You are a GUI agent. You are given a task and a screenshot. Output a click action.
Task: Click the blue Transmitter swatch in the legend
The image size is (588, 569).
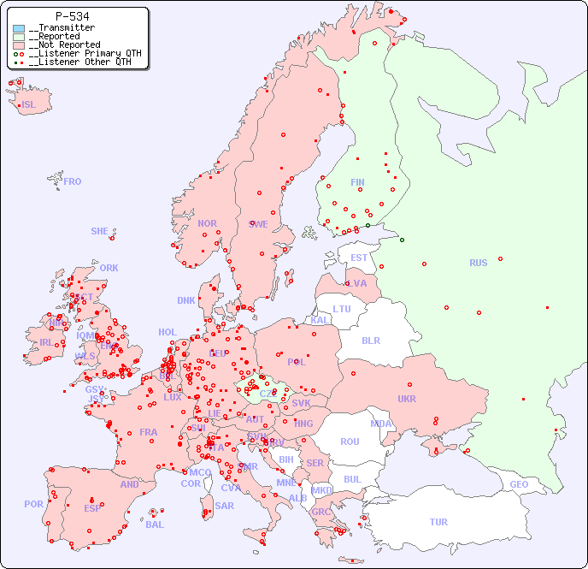(x=19, y=28)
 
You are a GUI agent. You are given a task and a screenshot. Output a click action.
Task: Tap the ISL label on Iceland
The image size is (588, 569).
(x=29, y=105)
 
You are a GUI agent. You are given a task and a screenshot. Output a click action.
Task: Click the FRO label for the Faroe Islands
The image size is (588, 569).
(x=73, y=181)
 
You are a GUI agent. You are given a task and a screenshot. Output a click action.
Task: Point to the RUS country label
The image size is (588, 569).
(x=478, y=263)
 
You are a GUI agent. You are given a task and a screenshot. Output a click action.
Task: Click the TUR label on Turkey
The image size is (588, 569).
(x=438, y=522)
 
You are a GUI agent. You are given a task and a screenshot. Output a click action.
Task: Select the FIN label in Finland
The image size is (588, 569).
(x=357, y=182)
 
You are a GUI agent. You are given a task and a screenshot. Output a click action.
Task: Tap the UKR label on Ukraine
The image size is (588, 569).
(x=407, y=399)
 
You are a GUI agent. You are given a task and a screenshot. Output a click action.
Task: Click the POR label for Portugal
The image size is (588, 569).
(x=33, y=504)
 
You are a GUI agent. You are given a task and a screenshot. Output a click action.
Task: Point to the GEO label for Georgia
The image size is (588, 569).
(x=519, y=484)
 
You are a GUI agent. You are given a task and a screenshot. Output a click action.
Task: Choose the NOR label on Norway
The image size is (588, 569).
(x=207, y=223)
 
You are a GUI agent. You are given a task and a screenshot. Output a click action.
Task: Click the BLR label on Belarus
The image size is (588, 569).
(x=371, y=340)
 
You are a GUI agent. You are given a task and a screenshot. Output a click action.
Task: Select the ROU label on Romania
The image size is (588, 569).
(x=350, y=442)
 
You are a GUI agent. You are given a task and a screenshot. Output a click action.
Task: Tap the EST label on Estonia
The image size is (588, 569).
(x=360, y=258)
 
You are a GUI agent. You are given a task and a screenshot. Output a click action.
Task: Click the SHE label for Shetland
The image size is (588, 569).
(x=100, y=231)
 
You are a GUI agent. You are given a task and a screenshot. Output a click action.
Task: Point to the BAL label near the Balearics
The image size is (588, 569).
(x=155, y=525)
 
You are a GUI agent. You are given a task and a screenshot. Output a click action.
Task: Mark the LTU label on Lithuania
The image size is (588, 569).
(x=342, y=309)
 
